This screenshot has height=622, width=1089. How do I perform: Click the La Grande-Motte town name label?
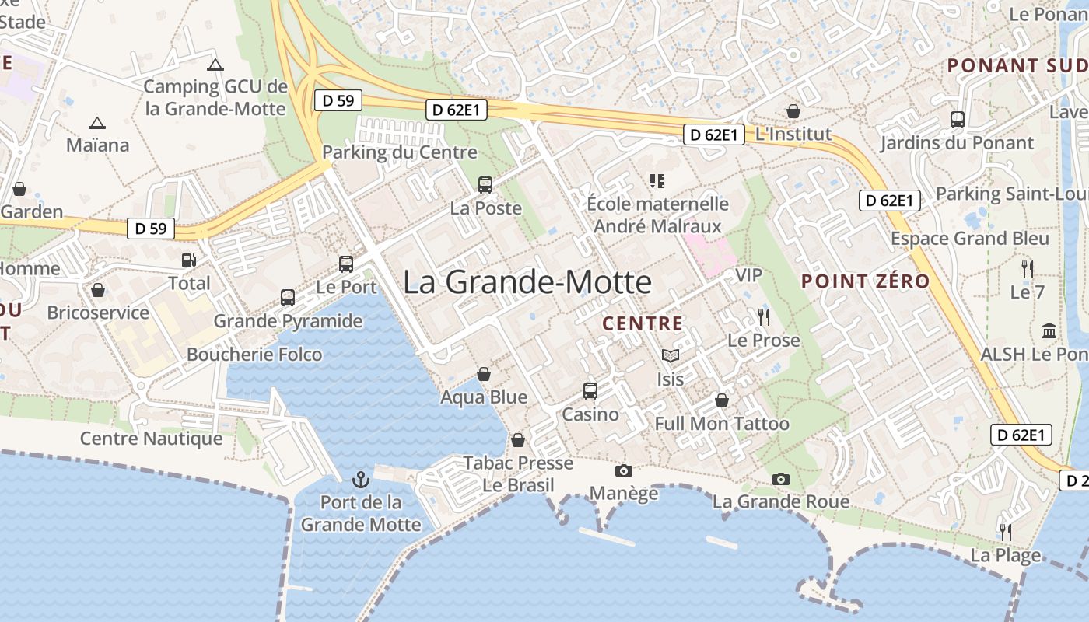(527, 281)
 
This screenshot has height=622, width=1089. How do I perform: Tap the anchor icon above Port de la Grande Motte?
(360, 478)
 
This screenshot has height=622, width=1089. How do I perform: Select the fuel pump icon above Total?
(188, 260)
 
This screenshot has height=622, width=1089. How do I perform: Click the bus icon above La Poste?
(485, 185)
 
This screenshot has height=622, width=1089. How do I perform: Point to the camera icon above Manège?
(623, 470)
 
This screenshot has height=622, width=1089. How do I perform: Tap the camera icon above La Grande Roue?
(781, 479)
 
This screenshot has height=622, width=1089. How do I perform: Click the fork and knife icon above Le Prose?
(763, 316)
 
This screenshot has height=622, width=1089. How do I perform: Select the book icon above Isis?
(670, 356)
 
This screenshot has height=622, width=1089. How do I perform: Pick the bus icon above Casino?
(590, 390)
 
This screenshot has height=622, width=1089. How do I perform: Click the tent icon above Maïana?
(96, 123)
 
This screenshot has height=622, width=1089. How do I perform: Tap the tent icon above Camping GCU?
(215, 65)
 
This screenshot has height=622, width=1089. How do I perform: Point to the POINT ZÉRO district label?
(866, 281)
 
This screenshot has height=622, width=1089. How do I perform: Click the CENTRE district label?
(643, 323)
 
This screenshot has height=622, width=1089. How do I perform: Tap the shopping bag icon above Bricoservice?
(98, 290)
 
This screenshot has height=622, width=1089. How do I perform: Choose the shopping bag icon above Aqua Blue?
(483, 374)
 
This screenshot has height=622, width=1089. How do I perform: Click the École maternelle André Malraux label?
(657, 215)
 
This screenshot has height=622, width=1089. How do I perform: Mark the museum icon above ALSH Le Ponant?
(1049, 330)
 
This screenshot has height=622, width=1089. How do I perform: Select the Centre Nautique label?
(151, 439)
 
